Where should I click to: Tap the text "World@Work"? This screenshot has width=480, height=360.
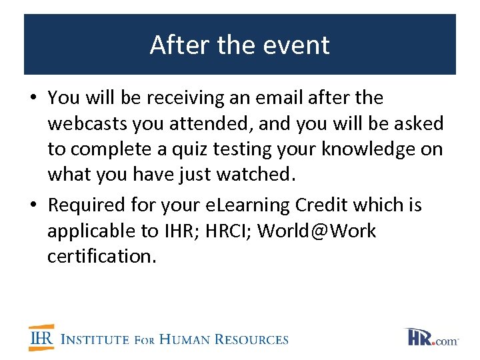pyautogui.click(x=317, y=231)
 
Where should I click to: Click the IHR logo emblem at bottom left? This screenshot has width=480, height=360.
pyautogui.click(x=41, y=338)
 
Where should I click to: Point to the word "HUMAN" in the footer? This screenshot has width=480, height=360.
pyautogui.click(x=191, y=339)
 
